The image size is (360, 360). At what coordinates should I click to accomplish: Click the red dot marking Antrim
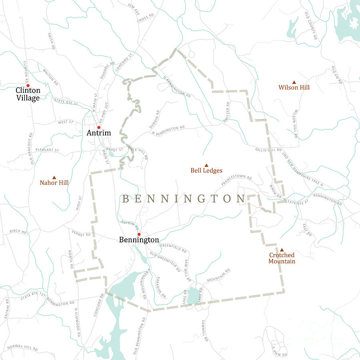coord(99,128)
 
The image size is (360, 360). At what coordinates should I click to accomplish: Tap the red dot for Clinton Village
coord(28,86)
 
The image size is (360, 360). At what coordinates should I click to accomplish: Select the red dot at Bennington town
coord(139,234)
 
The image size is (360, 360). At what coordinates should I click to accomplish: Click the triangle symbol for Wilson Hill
coord(294,82)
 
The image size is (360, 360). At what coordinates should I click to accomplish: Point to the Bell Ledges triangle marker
coord(206,165)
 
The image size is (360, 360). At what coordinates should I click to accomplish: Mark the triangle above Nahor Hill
coord(54,177)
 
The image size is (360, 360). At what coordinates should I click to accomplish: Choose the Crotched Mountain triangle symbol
coord(282,249)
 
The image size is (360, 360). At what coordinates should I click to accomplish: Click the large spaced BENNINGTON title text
coord(184,199)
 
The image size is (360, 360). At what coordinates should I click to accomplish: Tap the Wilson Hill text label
coord(294,88)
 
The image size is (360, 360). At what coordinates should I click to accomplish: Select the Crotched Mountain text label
coord(282,258)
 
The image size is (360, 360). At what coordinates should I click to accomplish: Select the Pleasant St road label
coord(47,150)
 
